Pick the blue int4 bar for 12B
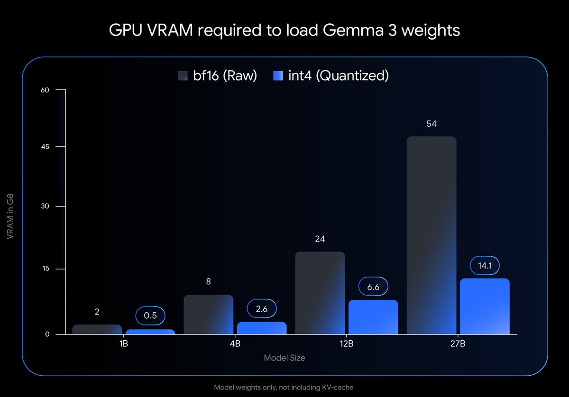373,317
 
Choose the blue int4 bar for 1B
150,332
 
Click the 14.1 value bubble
485,266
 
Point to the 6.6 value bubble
373,287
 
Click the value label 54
431,124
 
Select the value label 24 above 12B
320,239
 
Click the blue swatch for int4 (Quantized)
278,76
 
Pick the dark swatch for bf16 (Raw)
183,76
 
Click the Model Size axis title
284,358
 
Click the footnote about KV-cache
284,387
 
